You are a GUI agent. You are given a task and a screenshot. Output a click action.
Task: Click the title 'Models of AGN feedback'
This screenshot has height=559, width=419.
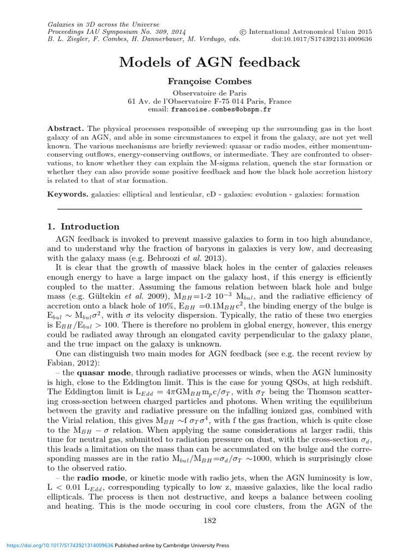[x=209, y=62]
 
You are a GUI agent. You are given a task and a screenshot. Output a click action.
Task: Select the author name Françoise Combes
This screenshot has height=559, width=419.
[x=209, y=81]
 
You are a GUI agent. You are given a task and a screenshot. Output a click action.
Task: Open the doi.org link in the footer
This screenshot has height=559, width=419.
[x=58, y=545]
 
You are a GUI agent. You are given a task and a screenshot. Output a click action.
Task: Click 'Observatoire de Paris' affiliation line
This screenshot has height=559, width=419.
[x=209, y=93]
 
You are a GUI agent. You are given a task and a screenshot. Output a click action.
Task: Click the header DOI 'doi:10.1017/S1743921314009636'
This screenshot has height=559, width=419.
[x=322, y=39]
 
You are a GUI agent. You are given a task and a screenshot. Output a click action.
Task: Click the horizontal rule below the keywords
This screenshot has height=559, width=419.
[x=209, y=209]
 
